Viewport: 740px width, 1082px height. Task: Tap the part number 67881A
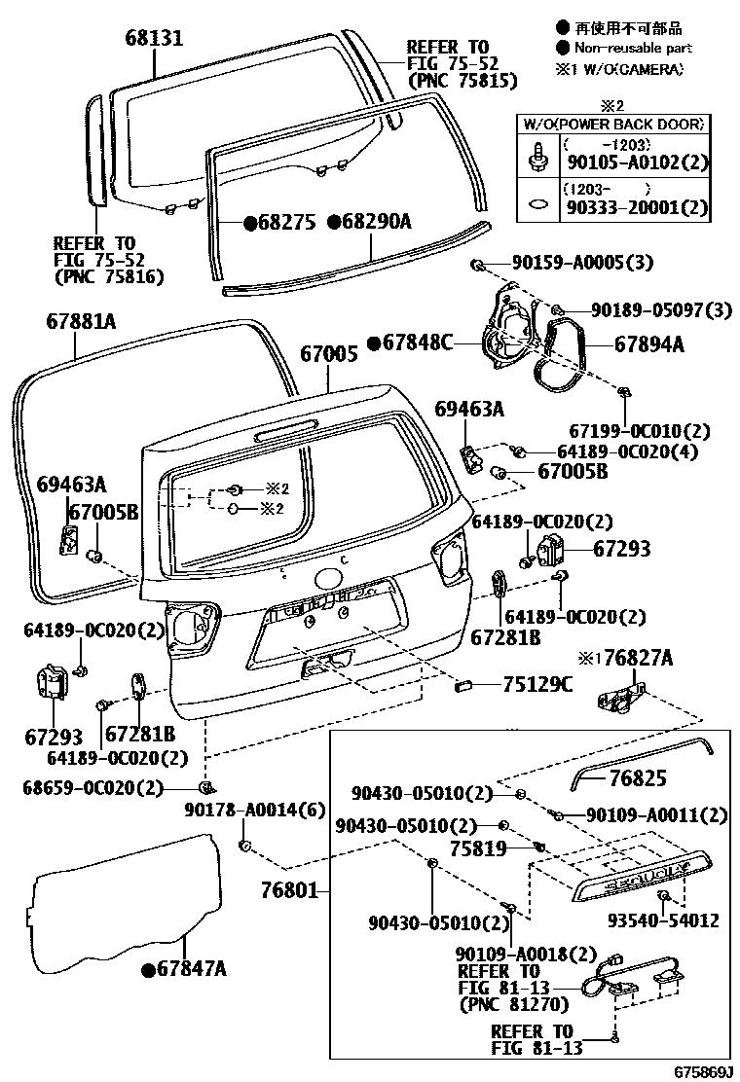81,320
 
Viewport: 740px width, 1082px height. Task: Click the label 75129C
537,684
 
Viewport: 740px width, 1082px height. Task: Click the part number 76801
290,889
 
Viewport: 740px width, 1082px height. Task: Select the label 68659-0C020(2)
92,787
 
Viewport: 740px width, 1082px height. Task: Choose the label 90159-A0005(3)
569,263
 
